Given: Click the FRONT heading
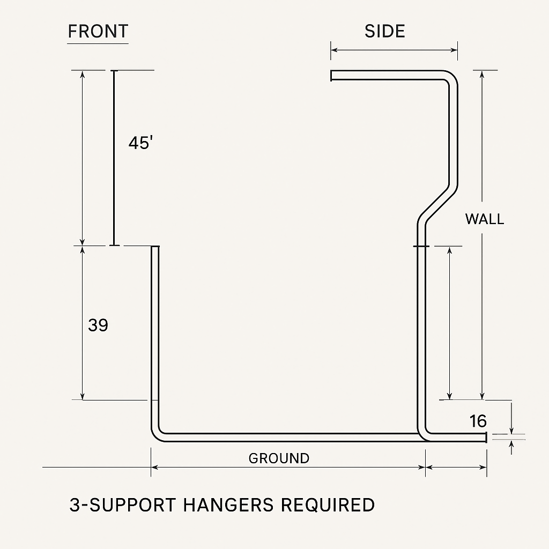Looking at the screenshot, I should (98, 31).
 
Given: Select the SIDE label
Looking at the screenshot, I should (384, 31).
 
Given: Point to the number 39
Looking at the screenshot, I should (98, 325).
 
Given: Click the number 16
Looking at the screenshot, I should (478, 421).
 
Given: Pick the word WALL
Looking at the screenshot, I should (484, 219).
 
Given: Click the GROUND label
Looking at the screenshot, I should (279, 458).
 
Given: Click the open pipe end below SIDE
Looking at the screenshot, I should (332, 76).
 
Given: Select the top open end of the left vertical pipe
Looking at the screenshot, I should (155, 248).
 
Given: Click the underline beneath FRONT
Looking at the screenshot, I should (98, 43).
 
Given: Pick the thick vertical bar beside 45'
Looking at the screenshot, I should (114, 158).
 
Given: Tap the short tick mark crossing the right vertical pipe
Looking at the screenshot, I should (421, 246).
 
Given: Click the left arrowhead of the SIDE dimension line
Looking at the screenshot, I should (333, 50).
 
